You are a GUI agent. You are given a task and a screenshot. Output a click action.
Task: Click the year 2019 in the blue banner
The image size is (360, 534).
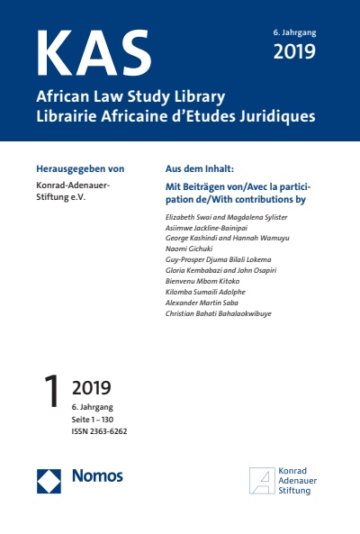pos(294,51)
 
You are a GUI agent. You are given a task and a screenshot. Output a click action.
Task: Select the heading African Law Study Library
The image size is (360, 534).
pos(130,97)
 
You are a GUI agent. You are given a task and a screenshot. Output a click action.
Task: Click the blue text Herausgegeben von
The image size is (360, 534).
pos(79,168)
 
